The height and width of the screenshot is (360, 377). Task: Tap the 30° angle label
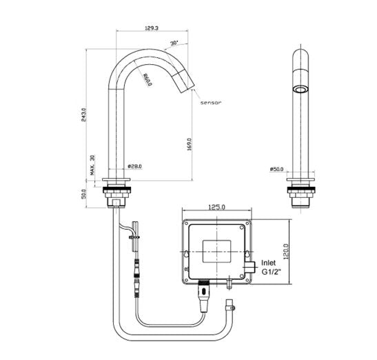(174, 43)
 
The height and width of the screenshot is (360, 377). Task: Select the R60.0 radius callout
(147, 80)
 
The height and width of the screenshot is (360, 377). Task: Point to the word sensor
(210, 102)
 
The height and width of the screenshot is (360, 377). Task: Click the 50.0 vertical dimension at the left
(84, 196)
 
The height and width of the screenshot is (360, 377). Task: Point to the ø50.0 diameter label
(276, 168)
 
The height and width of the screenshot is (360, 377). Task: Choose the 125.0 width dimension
(218, 206)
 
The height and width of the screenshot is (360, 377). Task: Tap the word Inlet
(268, 263)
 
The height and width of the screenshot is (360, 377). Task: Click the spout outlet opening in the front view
(300, 90)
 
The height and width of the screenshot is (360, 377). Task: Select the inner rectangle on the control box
(216, 248)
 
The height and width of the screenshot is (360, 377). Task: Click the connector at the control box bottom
(204, 289)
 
